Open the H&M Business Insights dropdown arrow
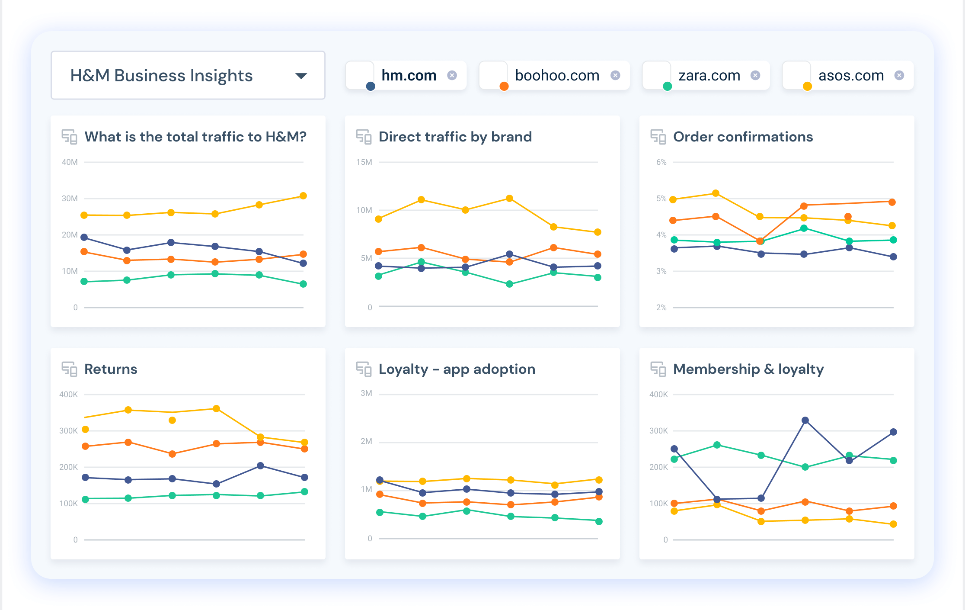coord(301,76)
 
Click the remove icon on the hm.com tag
coord(452,75)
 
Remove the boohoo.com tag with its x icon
coord(615,75)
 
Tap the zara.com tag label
coord(709,76)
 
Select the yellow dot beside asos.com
coord(807,87)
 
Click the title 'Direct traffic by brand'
coord(455,137)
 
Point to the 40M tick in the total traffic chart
coord(70,162)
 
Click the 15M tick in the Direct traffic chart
coord(364,162)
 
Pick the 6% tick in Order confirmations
coord(661,162)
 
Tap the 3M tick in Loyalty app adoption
coord(366,393)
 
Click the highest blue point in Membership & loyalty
coord(805,420)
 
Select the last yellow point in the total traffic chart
coord(303,196)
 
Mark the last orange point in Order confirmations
coord(892,202)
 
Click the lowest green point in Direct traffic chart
coord(509,284)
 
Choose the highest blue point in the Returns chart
coord(260,466)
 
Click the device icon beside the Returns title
coord(69,369)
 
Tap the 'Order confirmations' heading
coord(743,137)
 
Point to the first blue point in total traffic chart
coord(84,237)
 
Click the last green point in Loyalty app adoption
coord(599,521)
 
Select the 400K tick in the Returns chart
coord(68,395)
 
